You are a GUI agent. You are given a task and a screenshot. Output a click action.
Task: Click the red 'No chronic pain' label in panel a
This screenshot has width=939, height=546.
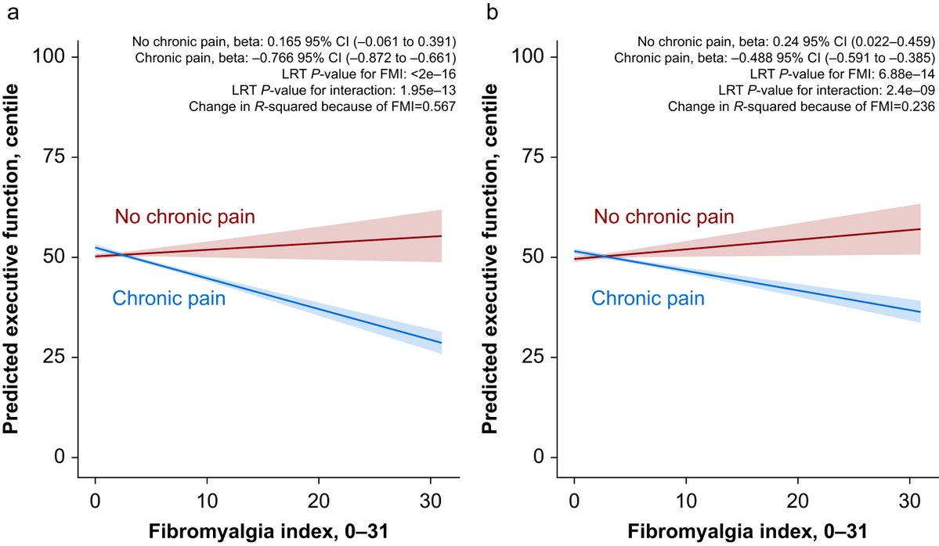[x=185, y=217]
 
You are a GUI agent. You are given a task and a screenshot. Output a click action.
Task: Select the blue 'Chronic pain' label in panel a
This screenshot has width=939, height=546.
[x=169, y=298]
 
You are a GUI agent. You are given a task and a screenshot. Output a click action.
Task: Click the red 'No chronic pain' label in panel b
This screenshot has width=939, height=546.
[x=663, y=217]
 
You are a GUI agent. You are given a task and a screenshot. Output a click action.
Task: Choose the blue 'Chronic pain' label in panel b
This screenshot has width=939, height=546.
[x=648, y=298]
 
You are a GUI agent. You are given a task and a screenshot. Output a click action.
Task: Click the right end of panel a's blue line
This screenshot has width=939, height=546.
[x=442, y=343]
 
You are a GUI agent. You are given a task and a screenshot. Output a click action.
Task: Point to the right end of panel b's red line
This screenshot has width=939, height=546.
[x=920, y=229]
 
